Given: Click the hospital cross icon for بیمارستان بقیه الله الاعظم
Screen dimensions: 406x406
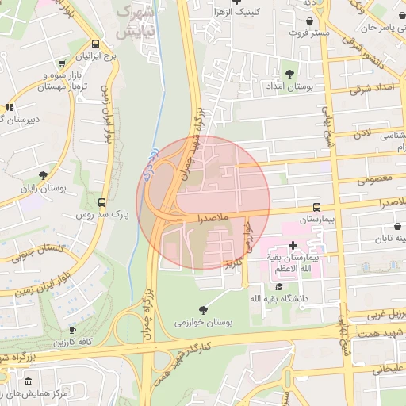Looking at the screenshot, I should [x=293, y=246].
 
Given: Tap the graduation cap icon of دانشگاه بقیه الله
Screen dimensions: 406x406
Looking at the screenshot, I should [x=279, y=286].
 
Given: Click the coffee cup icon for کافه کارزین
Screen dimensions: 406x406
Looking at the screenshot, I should [x=72, y=330].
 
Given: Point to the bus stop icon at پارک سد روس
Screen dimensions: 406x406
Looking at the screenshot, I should [x=101, y=202].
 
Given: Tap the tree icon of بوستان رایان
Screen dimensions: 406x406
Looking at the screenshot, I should [x=43, y=176].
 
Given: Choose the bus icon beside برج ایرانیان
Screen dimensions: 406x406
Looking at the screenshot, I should [x=96, y=44].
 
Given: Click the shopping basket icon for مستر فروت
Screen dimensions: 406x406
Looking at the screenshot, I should [x=308, y=20].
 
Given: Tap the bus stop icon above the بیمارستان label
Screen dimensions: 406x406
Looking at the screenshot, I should [x=317, y=205].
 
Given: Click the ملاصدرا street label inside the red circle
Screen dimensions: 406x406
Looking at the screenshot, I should [x=211, y=216].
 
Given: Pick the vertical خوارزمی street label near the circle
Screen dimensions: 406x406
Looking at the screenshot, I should [x=247, y=238].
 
